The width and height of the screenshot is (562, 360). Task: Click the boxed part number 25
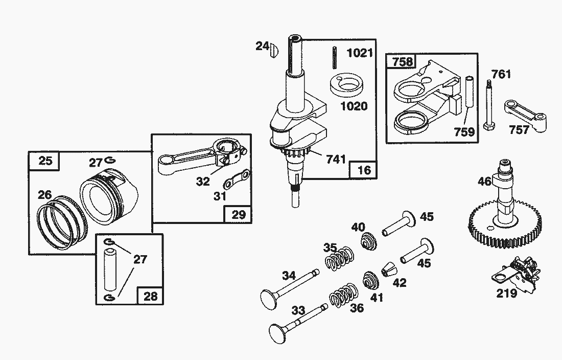(x=45, y=161)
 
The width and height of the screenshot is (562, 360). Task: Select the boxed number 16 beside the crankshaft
(x=364, y=170)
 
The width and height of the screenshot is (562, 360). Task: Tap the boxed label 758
(x=402, y=62)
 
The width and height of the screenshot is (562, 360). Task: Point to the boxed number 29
(x=238, y=214)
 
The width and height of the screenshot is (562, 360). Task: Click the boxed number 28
(x=151, y=296)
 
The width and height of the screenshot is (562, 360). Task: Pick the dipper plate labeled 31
(x=238, y=181)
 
